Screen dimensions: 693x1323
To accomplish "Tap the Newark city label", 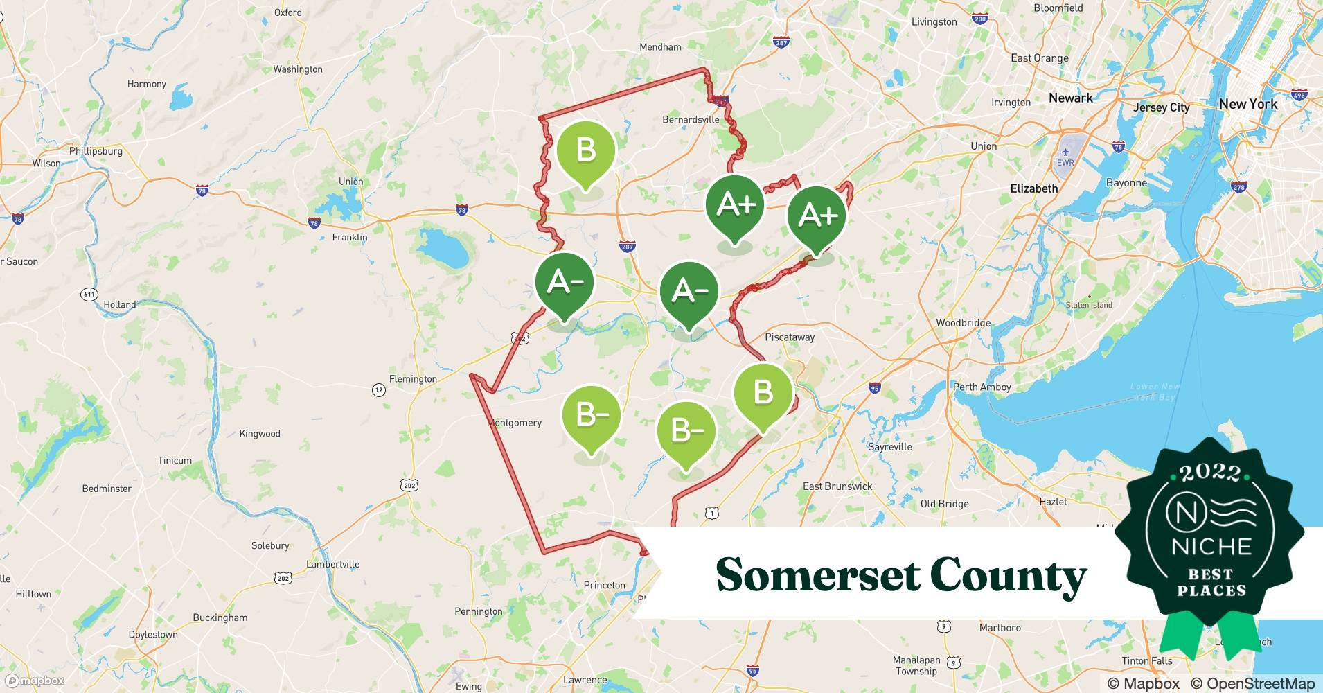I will (x=1070, y=98).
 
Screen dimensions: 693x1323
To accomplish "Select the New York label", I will (x=1247, y=104).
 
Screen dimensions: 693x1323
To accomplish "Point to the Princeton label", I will (x=604, y=585).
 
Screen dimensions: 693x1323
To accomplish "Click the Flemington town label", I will (x=413, y=379).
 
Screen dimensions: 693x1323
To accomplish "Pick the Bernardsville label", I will (x=691, y=119).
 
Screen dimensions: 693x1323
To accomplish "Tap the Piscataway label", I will (x=790, y=337).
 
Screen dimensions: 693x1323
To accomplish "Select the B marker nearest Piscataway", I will (x=763, y=392).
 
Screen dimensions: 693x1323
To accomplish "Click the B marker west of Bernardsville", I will (x=585, y=150).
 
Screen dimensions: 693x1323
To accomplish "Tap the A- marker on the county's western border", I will (x=565, y=282).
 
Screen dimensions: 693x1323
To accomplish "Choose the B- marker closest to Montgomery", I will (x=591, y=414).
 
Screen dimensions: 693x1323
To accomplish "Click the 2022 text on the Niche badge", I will (x=1210, y=473).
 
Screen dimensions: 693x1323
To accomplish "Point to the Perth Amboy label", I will (x=982, y=387).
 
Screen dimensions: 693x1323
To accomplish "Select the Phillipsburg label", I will (x=96, y=151).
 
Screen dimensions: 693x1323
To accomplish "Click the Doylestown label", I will (x=153, y=635).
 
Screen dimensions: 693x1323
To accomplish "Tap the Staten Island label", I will (x=1089, y=305).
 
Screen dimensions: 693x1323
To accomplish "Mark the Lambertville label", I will (x=332, y=564).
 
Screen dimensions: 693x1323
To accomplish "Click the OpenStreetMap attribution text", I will (x=1253, y=683).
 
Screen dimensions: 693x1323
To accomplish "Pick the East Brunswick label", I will (x=837, y=486).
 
